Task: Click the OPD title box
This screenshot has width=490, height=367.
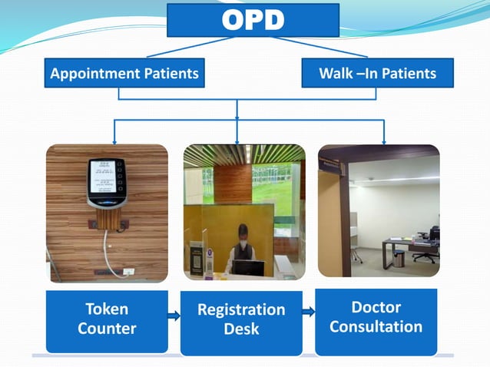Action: click(x=253, y=20)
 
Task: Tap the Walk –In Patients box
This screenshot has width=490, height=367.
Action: click(x=377, y=74)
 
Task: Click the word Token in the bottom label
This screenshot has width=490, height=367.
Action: click(x=107, y=309)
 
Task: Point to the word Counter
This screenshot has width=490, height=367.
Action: click(x=107, y=329)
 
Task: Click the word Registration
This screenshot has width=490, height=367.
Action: click(x=241, y=310)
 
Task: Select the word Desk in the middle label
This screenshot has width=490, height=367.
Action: click(x=241, y=329)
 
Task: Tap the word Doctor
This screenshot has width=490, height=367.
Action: click(x=376, y=307)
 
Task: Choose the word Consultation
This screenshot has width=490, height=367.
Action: click(x=376, y=326)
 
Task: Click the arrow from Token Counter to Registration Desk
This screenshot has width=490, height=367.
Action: click(x=173, y=315)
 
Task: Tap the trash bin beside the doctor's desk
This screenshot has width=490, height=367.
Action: click(x=399, y=259)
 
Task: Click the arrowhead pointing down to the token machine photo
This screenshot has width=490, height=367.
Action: click(x=114, y=141)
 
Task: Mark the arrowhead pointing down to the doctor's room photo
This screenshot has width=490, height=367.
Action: click(x=383, y=141)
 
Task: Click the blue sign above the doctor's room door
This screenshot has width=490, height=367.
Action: click(x=331, y=163)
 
